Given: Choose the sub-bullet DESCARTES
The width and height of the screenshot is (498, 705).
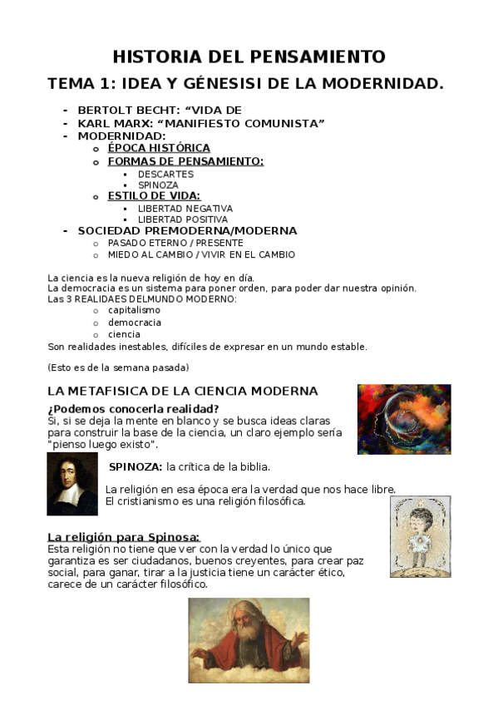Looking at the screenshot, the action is click(x=165, y=174).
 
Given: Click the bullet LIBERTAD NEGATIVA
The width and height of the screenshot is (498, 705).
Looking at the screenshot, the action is click(x=185, y=208).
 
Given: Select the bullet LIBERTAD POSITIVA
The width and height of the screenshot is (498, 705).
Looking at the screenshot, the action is click(x=185, y=219).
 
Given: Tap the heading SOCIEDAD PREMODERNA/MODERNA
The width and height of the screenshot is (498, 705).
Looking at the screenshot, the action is click(x=187, y=230).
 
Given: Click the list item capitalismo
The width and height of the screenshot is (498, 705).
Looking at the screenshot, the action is click(x=134, y=310).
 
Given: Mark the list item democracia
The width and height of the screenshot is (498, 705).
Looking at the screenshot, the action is click(x=135, y=322).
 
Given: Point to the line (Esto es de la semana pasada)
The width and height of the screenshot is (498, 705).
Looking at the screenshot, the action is click(x=118, y=367).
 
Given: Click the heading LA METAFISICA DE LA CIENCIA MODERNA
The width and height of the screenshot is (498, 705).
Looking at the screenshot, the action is click(x=183, y=390).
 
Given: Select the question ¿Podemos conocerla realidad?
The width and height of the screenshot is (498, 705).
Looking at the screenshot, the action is click(x=133, y=408).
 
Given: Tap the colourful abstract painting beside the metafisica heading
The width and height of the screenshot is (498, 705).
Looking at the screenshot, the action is click(x=404, y=418).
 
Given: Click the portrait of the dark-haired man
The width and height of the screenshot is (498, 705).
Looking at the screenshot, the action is click(x=72, y=484).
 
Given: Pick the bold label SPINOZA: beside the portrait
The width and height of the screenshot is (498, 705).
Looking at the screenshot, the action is click(x=135, y=466).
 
